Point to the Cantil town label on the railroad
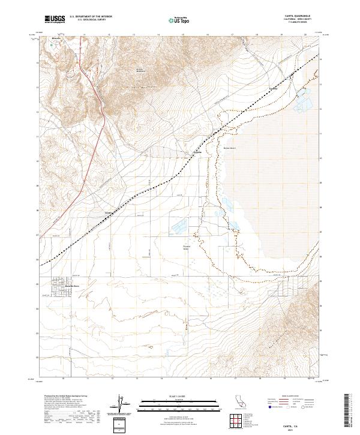point(109,212)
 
